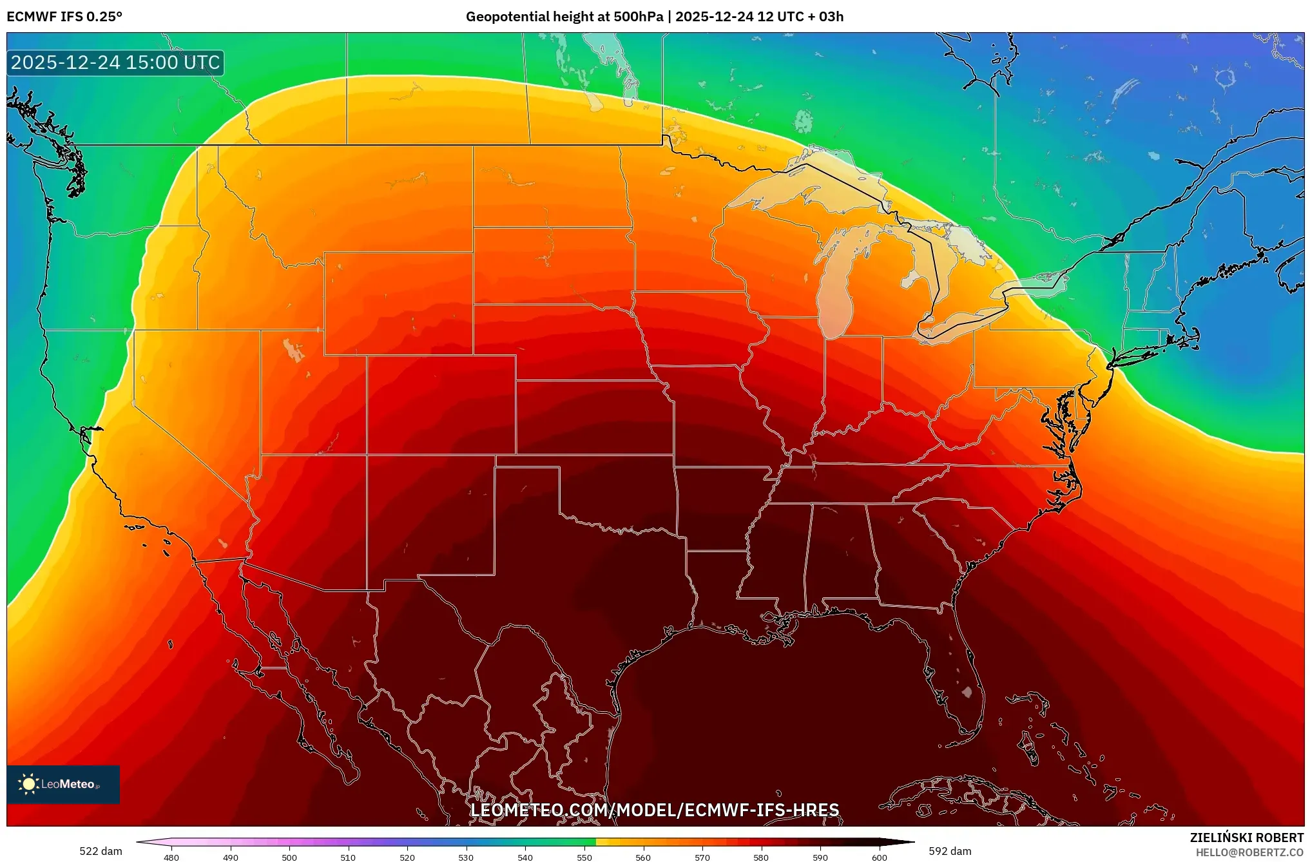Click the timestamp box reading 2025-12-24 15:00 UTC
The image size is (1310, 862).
[115, 63]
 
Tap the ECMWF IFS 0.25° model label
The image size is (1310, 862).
[64, 17]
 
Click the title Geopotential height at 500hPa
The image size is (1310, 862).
[564, 17]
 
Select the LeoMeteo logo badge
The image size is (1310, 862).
[63, 784]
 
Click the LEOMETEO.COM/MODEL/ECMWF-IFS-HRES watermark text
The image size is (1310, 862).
[655, 810]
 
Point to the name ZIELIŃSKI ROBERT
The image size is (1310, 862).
[1246, 838]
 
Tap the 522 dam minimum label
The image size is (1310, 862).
[101, 851]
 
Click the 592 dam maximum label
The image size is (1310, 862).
[950, 851]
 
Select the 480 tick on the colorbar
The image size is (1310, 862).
[171, 857]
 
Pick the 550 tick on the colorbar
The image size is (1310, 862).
[584, 857]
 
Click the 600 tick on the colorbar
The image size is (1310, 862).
[879, 857]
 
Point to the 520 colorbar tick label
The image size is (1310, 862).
[407, 857]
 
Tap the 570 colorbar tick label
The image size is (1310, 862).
[702, 857]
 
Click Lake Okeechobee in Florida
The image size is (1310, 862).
[967, 693]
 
